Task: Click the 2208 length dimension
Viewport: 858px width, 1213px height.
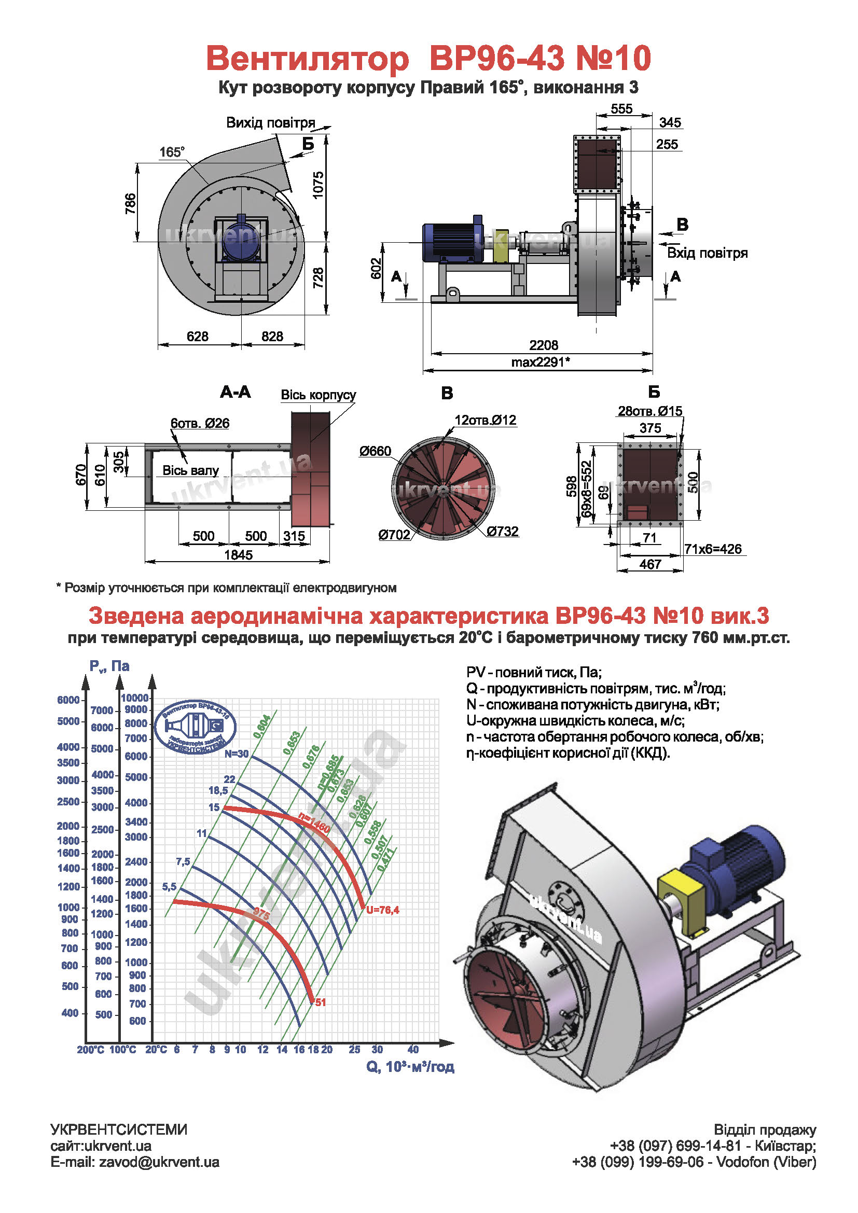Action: click(x=543, y=345)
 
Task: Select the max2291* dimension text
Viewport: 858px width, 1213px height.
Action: click(x=540, y=362)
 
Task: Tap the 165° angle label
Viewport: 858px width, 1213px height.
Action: click(x=172, y=152)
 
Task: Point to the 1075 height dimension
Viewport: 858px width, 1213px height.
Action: click(x=318, y=185)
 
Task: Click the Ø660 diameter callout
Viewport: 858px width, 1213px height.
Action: click(x=375, y=451)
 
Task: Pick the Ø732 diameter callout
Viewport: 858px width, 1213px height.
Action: click(x=503, y=532)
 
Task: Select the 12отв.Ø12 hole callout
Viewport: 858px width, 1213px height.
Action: click(x=485, y=420)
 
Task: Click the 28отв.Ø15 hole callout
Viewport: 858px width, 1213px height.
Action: click(x=650, y=411)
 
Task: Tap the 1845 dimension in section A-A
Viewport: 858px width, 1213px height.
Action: click(x=238, y=555)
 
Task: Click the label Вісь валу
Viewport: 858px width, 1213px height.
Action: click(x=190, y=470)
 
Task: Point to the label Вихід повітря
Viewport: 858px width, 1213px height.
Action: click(x=270, y=122)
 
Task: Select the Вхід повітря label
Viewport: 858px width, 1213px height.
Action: click(x=707, y=253)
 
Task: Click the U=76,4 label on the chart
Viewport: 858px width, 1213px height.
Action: click(x=382, y=910)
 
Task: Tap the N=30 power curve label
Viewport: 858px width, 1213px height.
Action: click(x=236, y=754)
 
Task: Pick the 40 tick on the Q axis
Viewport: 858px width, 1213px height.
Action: click(x=412, y=1049)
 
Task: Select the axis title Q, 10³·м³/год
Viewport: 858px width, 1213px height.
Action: click(x=410, y=1067)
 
